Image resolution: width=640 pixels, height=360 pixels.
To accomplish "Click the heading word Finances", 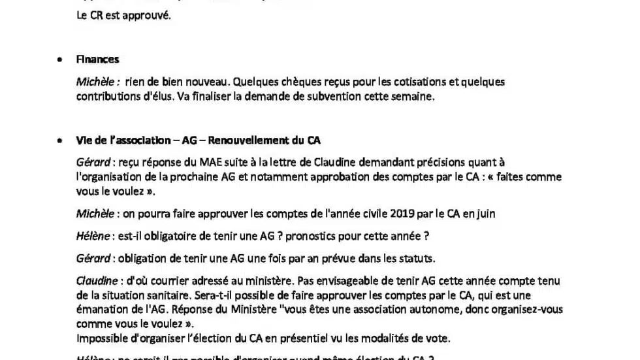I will tap(97, 59).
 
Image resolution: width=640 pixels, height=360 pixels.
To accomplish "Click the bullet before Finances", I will tap(59, 59).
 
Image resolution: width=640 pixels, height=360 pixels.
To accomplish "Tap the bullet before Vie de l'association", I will tap(59, 140).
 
